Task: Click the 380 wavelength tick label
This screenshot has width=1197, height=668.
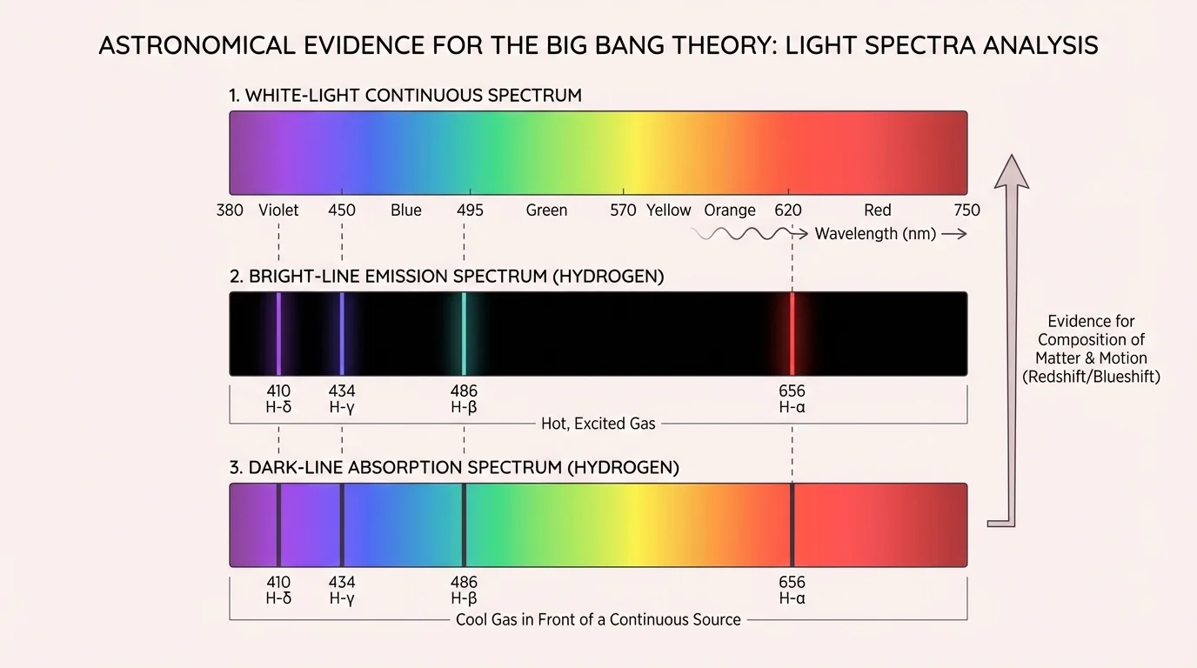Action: click(230, 210)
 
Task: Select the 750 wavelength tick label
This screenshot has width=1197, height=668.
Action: click(966, 210)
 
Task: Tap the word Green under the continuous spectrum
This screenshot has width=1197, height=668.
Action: click(546, 210)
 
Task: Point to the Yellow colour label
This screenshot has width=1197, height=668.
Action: click(668, 210)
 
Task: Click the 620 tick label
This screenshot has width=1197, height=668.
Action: click(788, 210)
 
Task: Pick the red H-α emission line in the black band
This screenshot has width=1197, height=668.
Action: click(792, 333)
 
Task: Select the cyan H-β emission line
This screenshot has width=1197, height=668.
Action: click(464, 333)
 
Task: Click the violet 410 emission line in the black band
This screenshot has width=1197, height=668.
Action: click(278, 333)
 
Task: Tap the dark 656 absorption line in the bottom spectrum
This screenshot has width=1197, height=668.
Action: click(792, 524)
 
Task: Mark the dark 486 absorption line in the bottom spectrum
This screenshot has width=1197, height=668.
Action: click(464, 524)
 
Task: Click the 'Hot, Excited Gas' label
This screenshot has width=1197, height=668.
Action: click(598, 424)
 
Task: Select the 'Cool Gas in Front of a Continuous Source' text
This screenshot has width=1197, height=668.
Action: click(598, 620)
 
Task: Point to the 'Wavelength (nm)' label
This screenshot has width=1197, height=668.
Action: click(875, 234)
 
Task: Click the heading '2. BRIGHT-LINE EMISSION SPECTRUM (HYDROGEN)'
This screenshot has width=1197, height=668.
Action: click(446, 277)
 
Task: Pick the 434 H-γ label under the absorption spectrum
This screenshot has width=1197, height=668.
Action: click(342, 590)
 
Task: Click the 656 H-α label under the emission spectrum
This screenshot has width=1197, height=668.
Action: click(792, 398)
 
